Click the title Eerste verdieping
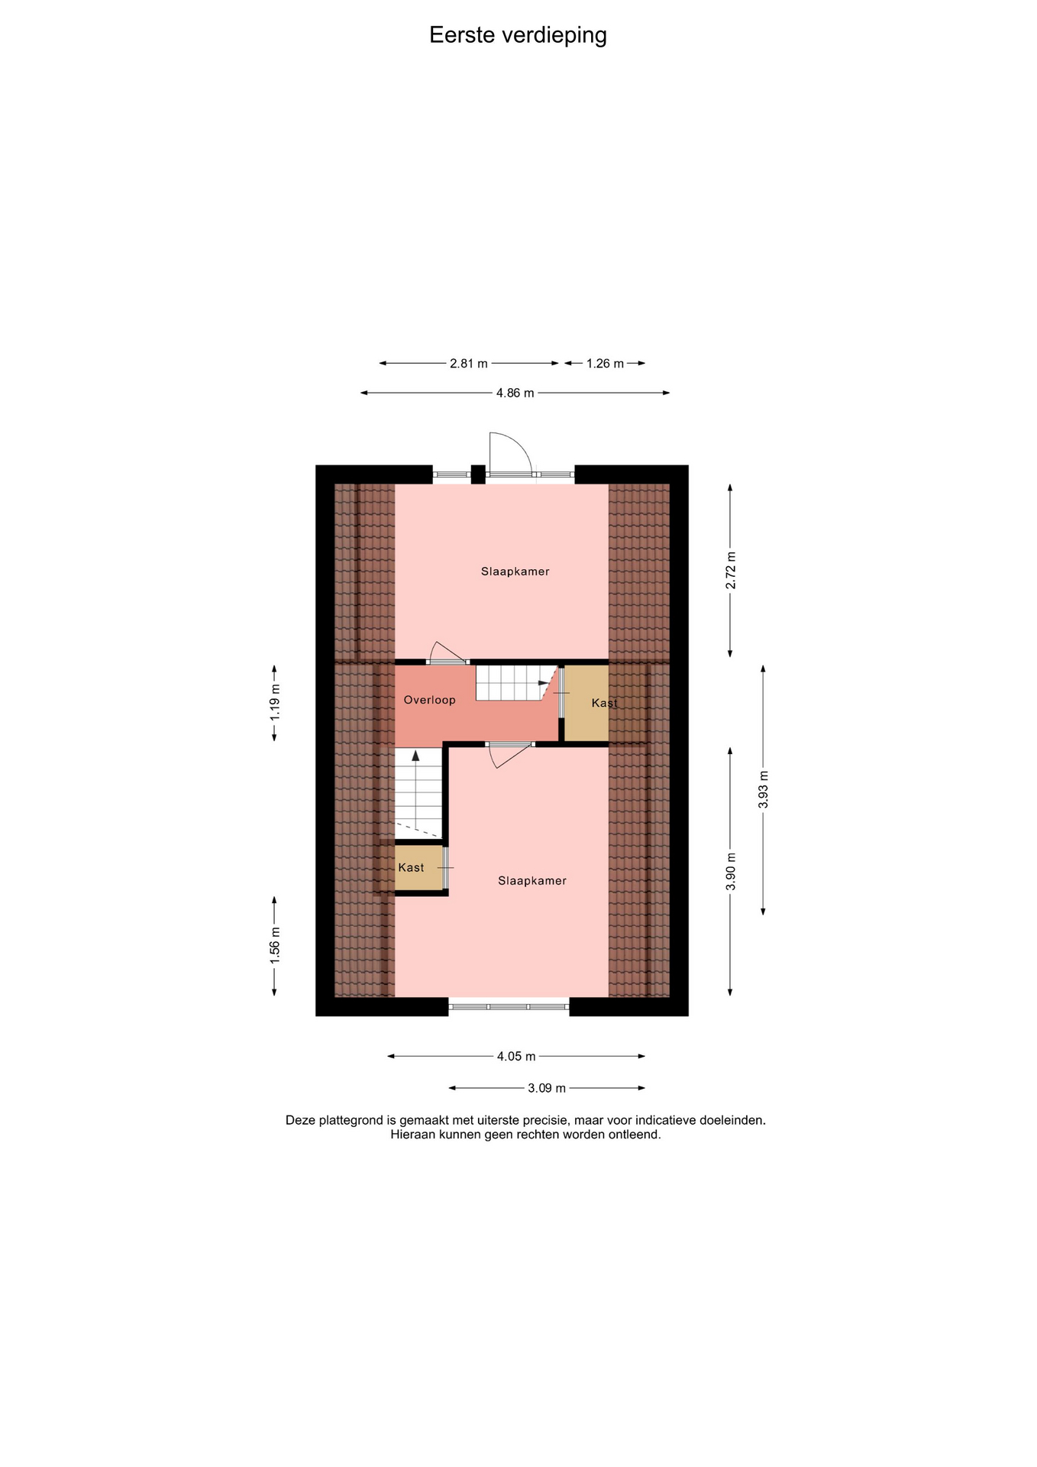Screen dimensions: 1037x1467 tap(518, 35)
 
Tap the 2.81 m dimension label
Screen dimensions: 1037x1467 tap(469, 364)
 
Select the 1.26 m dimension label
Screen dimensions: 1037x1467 tap(605, 364)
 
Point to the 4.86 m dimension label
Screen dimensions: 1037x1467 tap(515, 393)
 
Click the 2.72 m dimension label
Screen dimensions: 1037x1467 tap(731, 570)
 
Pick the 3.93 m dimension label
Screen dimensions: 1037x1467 tap(764, 790)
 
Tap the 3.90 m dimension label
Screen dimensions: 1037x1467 tap(731, 871)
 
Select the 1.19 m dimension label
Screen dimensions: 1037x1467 tap(275, 701)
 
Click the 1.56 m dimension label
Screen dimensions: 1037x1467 tap(275, 944)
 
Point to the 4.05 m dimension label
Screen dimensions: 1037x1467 tap(516, 1057)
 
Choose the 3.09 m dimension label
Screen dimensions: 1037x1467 tap(547, 1088)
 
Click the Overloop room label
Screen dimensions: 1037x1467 tap(430, 700)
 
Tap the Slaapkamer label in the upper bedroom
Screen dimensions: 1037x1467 tap(515, 572)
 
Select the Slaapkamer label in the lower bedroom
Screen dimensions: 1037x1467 tap(532, 881)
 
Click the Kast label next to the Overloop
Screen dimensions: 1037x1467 tap(604, 703)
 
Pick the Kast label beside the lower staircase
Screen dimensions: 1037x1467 tap(411, 868)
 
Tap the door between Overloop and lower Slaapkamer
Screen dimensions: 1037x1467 tap(509, 754)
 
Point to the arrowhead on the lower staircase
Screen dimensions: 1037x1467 tap(416, 756)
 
